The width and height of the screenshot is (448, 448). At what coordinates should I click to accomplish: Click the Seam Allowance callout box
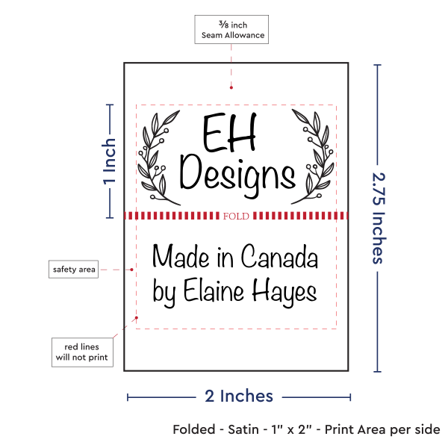231,29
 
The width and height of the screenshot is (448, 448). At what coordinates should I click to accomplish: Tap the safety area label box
73,269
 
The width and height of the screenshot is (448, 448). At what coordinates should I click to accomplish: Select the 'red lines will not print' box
82,352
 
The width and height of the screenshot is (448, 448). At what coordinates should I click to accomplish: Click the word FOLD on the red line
236,216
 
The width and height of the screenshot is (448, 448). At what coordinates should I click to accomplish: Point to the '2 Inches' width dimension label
239,396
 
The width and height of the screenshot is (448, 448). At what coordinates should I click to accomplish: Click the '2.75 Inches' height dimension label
379,218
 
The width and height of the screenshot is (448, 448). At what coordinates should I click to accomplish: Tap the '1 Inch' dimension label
110,161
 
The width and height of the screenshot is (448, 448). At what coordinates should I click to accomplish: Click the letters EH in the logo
229,132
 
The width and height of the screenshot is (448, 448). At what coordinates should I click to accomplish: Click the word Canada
279,256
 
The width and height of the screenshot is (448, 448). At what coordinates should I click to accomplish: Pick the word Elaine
214,290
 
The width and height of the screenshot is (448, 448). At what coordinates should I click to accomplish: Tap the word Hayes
284,292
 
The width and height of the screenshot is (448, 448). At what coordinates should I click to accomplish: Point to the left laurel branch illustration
159,158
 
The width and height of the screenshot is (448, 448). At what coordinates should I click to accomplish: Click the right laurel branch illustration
313,157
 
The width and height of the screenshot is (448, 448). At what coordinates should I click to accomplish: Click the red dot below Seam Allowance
231,87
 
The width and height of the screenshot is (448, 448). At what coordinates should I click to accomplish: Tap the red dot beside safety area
131,270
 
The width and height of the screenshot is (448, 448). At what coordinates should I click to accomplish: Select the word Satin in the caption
243,429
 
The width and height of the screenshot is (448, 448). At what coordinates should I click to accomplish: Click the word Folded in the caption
194,429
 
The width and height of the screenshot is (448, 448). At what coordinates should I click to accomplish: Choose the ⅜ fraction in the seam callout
224,25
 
